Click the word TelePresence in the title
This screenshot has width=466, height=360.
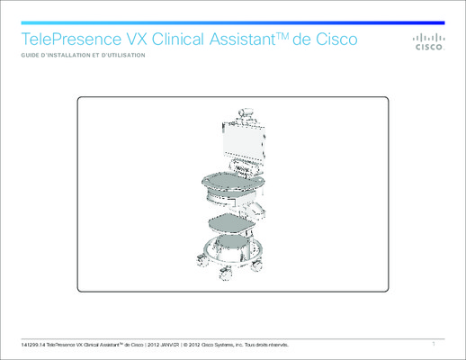71,39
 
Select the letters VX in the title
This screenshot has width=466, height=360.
137,39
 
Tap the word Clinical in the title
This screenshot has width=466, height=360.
178,39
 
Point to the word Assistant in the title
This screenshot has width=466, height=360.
242,39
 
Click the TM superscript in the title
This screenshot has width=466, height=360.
282,36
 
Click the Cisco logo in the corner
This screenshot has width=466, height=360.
429,41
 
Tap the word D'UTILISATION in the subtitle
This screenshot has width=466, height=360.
123,55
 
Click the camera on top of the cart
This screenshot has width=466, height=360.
246,112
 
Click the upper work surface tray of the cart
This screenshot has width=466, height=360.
233,181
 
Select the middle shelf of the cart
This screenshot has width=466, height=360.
231,223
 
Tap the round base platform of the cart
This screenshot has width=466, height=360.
232,249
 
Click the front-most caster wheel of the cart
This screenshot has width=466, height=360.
226,274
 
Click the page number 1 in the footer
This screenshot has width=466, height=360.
434,344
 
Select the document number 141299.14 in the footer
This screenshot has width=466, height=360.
33,345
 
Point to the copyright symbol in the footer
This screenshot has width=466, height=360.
185,345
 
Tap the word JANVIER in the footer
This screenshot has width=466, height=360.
169,345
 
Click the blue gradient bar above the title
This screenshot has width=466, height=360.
233,22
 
